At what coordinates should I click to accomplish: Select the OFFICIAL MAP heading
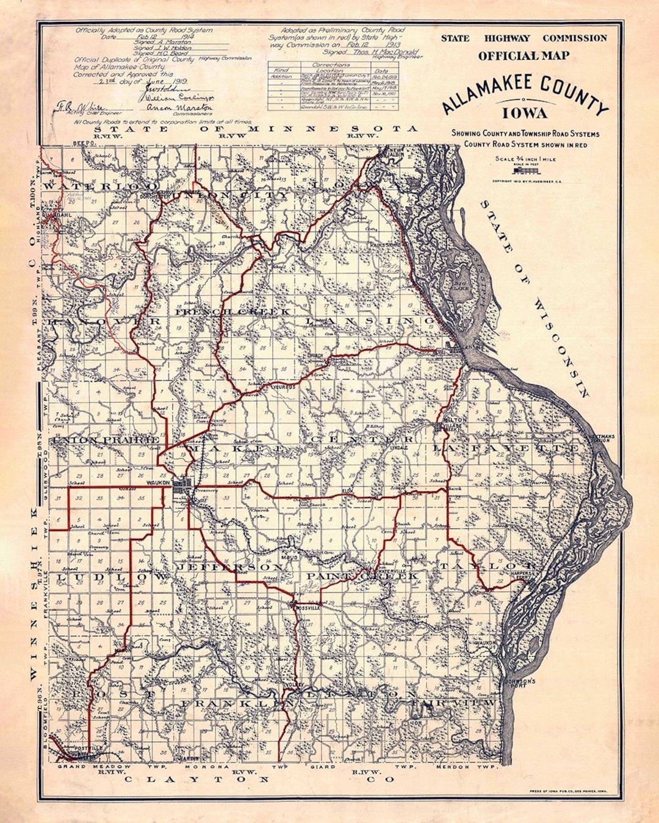[524, 56]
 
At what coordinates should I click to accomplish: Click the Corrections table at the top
[333, 86]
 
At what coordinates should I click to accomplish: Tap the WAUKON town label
[157, 483]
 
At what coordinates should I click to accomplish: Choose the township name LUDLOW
[110, 576]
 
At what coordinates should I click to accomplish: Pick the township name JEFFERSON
[229, 568]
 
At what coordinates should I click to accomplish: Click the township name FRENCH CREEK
[234, 312]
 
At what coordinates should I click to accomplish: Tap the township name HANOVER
[104, 321]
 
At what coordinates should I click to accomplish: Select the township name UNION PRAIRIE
[106, 440]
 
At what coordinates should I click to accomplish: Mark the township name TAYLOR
[486, 566]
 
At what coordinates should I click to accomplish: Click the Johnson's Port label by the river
[520, 682]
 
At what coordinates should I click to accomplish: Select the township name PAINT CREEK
[362, 576]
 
